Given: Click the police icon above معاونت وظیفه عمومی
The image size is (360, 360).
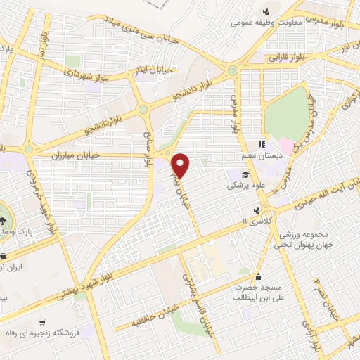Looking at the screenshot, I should click(x=266, y=11).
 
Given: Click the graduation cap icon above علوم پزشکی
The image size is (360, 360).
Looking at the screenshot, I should click(x=245, y=176).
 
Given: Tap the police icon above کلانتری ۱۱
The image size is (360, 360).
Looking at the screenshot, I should click(x=259, y=210).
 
